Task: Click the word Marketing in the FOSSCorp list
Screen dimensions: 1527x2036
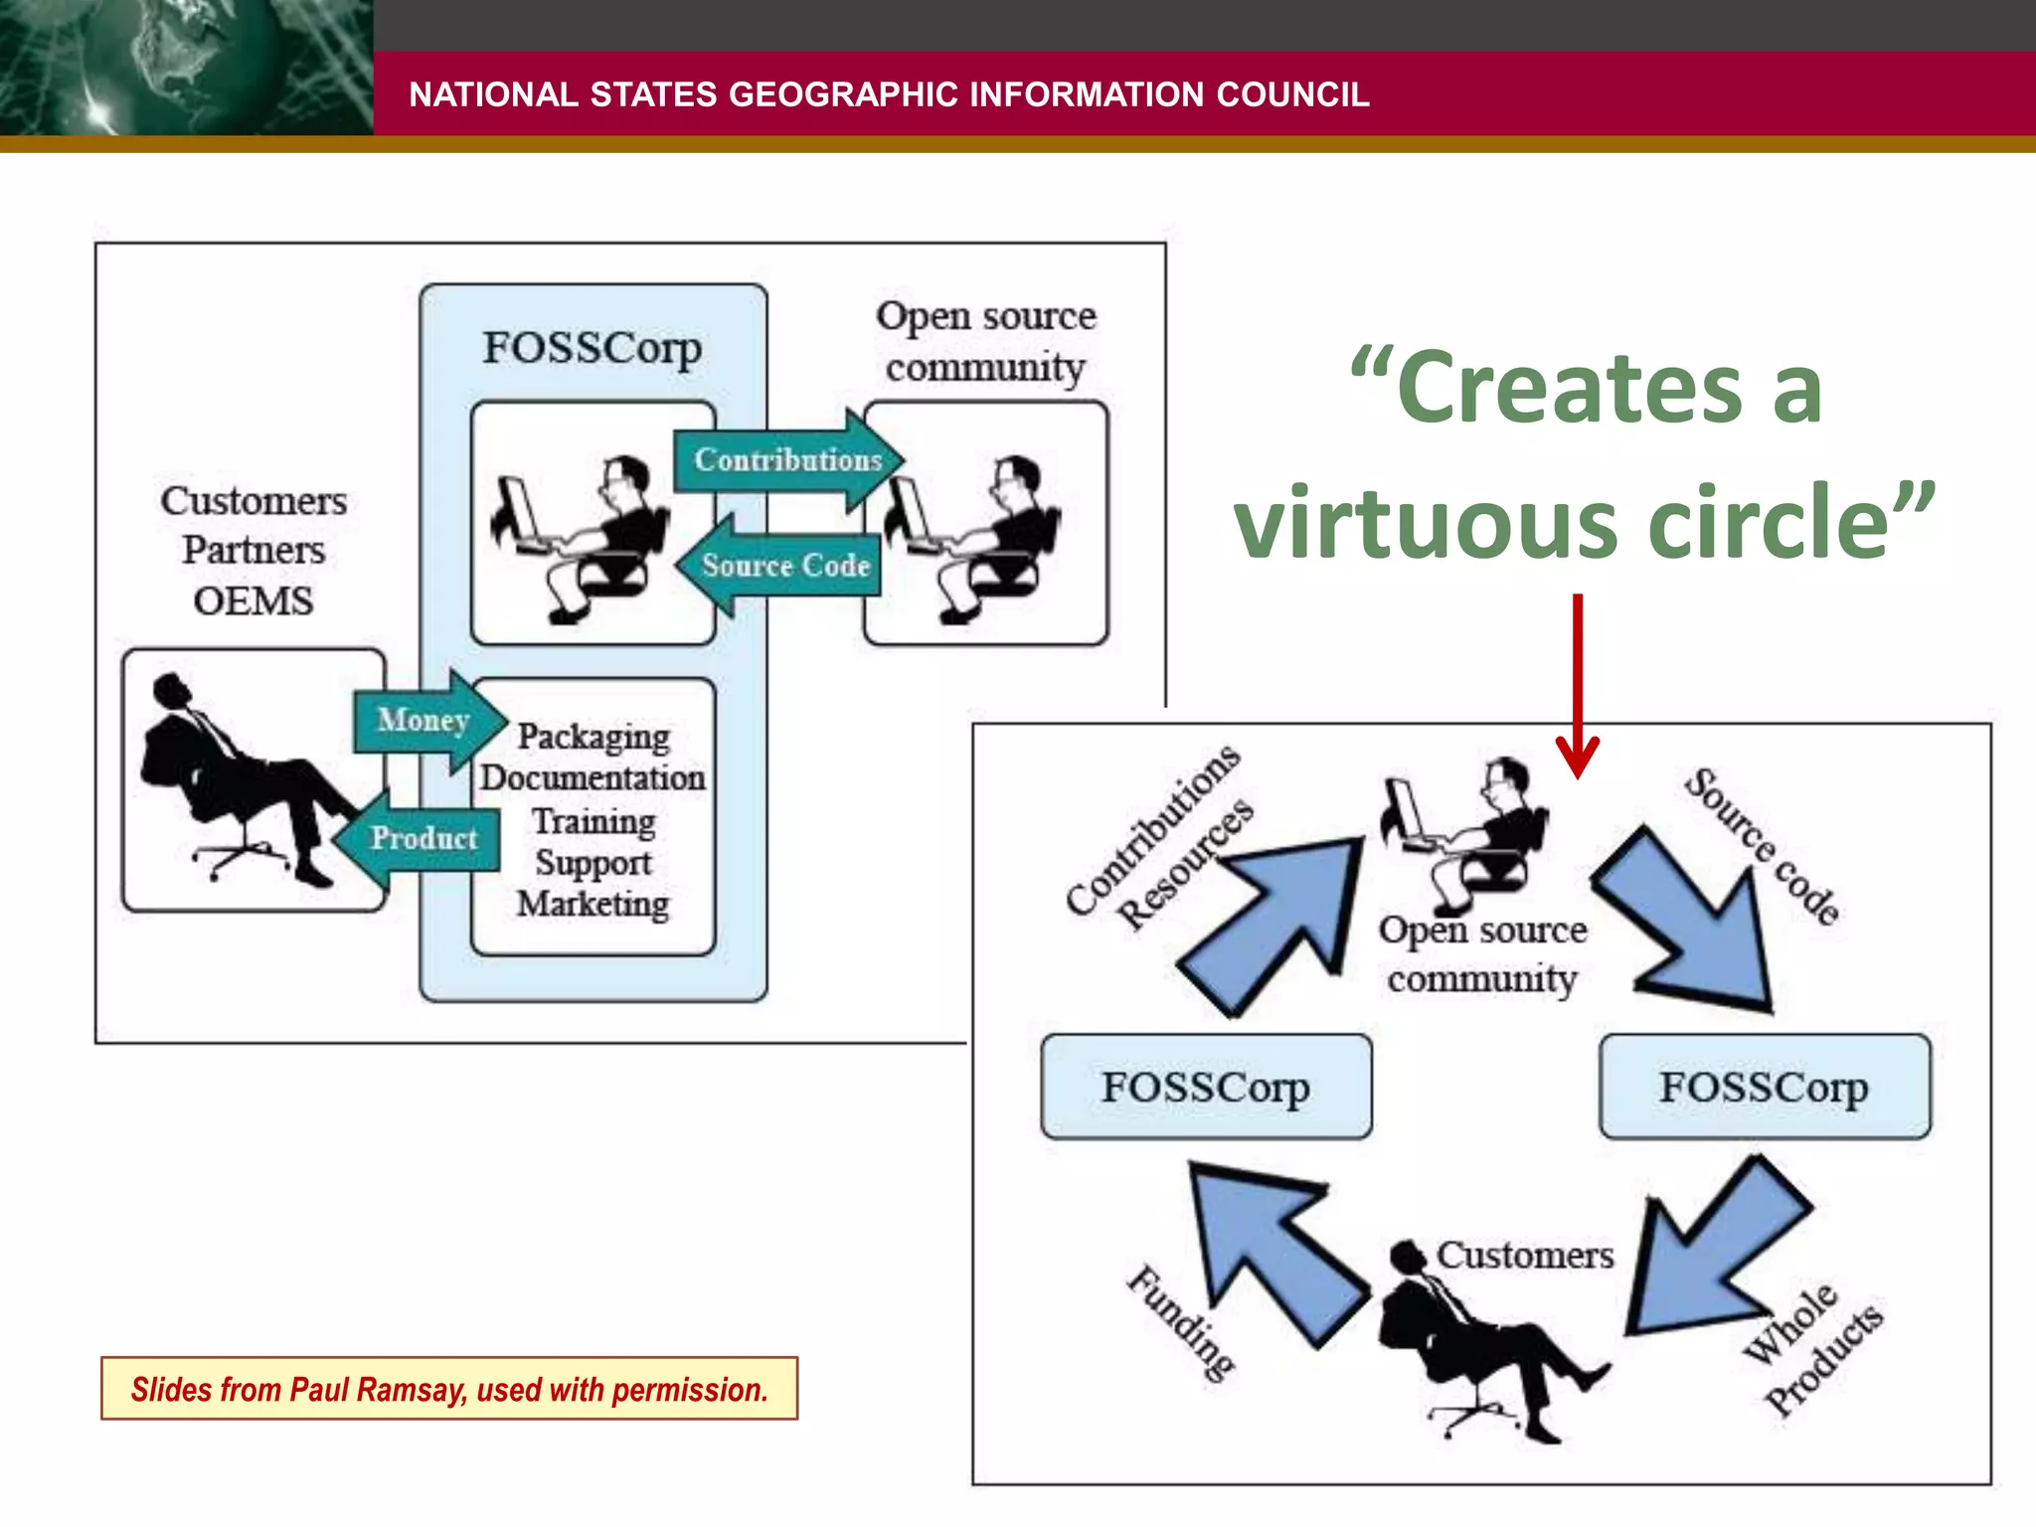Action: tap(594, 904)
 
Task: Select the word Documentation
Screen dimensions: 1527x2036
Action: tap(594, 777)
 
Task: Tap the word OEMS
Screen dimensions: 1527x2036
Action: tap(254, 601)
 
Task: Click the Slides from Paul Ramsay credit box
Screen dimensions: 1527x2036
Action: tap(449, 1389)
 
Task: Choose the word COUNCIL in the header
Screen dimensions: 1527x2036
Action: tap(1292, 94)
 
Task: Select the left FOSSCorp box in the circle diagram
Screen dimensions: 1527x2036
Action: tap(1206, 1087)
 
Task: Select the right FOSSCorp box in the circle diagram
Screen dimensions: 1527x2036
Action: tap(1765, 1087)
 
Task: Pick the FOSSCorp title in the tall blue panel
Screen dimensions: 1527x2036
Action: tap(593, 348)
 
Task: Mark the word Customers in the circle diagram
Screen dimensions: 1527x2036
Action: tap(1525, 1256)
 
